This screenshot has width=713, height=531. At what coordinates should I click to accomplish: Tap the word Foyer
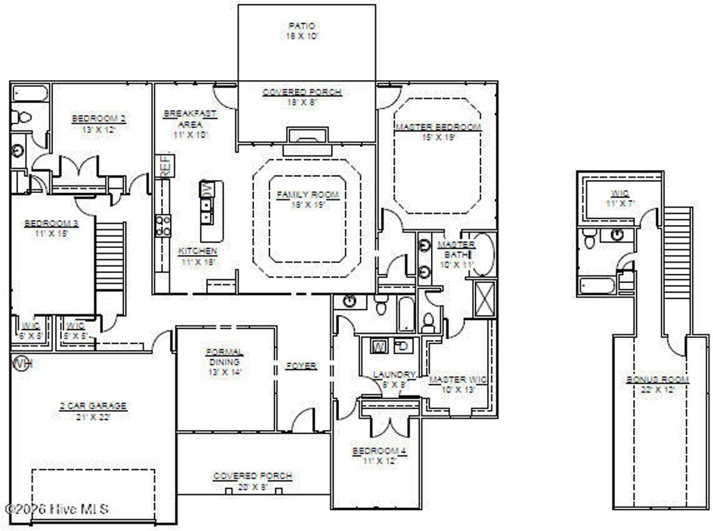(301, 365)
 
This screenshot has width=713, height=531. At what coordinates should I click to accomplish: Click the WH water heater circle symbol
(22, 363)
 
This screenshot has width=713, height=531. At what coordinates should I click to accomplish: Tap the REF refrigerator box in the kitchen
(166, 167)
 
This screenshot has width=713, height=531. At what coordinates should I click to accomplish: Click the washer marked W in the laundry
(379, 346)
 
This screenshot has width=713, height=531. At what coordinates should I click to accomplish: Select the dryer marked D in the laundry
(402, 346)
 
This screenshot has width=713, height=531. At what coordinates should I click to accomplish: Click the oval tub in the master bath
(483, 254)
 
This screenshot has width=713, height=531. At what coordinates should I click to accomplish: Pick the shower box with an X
(485, 298)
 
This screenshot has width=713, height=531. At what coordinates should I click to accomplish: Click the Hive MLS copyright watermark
(56, 509)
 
